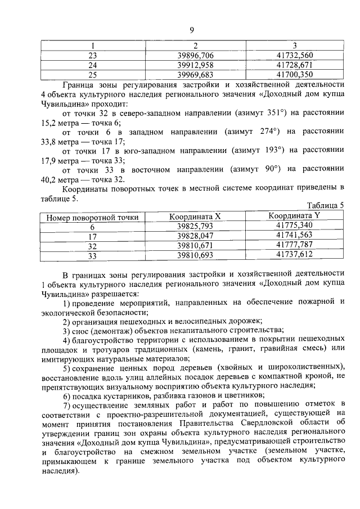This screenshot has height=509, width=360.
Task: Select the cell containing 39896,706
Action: click(x=195, y=55)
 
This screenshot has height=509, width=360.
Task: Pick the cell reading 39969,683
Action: click(x=195, y=74)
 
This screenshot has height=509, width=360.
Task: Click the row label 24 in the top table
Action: click(x=93, y=65)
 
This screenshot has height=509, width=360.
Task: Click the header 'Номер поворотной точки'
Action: click(x=88, y=217)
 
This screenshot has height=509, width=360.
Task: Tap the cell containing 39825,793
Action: click(x=195, y=227)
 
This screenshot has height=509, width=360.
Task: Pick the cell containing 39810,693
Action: click(x=195, y=255)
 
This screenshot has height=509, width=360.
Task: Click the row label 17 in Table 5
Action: click(x=93, y=237)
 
